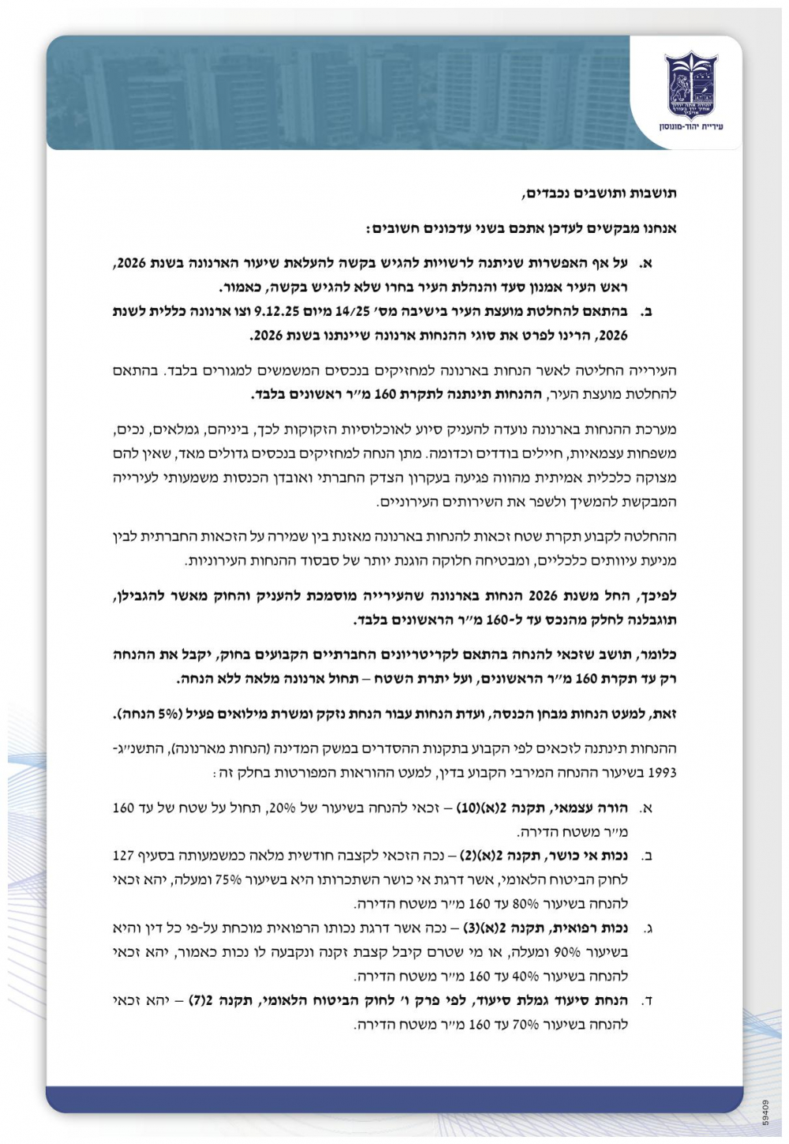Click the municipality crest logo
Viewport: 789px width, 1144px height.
[690, 84]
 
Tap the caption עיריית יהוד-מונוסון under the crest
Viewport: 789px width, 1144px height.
[690, 126]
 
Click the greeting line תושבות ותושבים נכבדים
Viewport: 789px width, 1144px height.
[600, 193]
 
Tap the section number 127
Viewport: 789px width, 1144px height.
[124, 855]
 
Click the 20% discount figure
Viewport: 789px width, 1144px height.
[282, 808]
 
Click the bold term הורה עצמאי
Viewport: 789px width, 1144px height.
[597, 808]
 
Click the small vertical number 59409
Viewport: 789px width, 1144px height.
[765, 1111]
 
